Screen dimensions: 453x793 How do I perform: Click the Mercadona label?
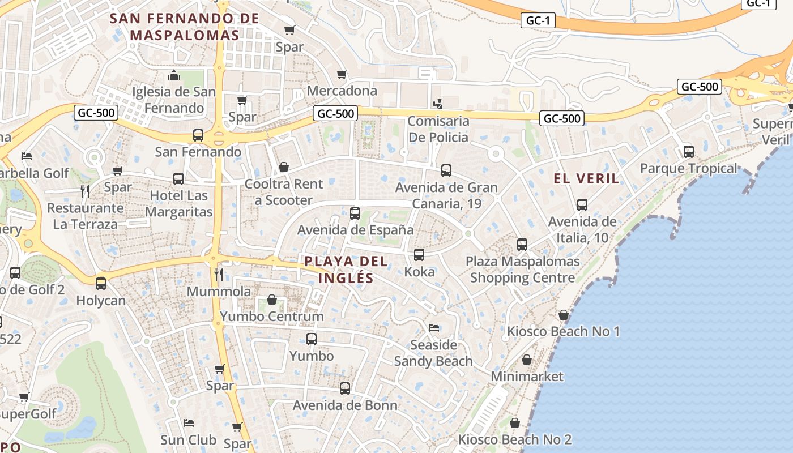342,91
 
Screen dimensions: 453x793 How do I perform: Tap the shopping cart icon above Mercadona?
342,75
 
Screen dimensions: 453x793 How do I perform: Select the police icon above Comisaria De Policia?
437,104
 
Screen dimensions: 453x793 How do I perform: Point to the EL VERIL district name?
586,179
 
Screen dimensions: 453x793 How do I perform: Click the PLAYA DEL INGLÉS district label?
346,270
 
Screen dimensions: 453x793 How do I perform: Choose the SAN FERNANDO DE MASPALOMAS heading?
185,26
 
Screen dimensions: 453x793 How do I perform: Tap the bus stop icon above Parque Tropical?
689,152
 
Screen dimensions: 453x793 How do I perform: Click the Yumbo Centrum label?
272,317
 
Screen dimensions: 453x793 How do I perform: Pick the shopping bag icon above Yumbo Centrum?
272,300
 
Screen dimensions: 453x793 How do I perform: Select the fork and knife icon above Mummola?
219,275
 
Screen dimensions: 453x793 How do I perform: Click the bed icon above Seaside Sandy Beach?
434,328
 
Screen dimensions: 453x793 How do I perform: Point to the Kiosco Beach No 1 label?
564,331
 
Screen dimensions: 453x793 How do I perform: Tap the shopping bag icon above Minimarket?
527,360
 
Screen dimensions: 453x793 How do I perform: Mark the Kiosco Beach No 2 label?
515,439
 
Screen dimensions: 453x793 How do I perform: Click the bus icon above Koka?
419,255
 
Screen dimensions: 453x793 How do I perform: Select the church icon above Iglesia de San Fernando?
174,75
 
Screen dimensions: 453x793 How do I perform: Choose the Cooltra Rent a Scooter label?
284,192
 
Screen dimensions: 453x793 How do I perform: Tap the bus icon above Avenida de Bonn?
345,388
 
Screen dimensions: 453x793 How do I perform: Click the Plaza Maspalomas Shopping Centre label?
522,270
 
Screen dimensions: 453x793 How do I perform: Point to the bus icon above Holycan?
101,283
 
